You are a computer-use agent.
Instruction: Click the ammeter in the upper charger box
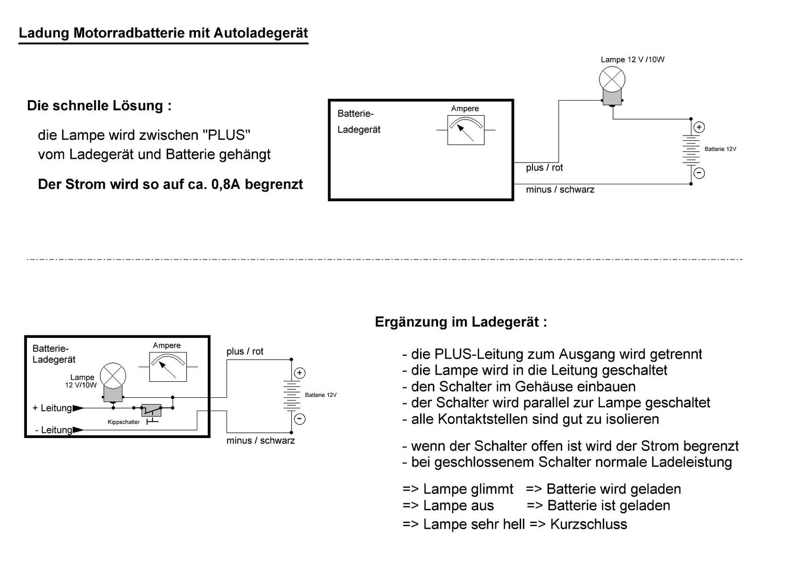click(x=465, y=130)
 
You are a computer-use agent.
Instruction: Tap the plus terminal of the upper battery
click(x=699, y=127)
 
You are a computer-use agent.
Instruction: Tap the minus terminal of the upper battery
click(x=699, y=173)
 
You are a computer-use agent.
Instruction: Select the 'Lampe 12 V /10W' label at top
click(x=632, y=60)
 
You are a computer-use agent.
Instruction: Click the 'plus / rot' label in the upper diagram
click(x=544, y=168)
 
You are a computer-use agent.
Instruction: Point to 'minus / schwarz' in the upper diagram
click(x=560, y=189)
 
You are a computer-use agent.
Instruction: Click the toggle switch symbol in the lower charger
click(x=152, y=409)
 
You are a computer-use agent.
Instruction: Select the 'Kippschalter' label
click(x=124, y=422)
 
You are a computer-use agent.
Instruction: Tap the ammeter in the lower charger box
click(x=168, y=367)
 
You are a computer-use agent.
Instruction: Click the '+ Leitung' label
click(x=52, y=408)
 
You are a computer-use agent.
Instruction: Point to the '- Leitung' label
click(x=53, y=430)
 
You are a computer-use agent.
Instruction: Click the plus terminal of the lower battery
click(x=299, y=373)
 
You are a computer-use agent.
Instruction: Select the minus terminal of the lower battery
click(x=299, y=419)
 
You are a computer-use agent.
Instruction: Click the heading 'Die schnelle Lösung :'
click(x=99, y=105)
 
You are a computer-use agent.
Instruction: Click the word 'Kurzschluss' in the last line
click(x=589, y=524)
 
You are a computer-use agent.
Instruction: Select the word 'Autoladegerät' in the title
click(x=261, y=33)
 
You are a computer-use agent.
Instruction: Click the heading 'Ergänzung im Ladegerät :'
click(x=461, y=322)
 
